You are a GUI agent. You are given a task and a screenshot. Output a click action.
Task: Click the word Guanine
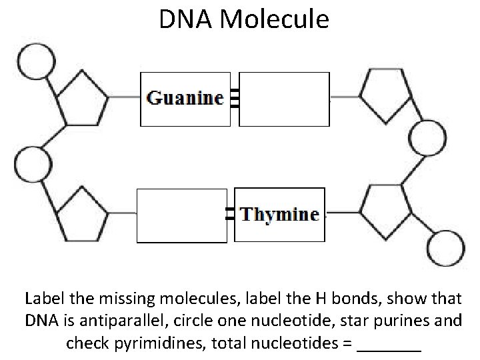(185, 99)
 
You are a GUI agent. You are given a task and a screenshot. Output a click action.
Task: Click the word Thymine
(279, 215)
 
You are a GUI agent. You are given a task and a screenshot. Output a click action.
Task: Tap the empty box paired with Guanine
(284, 99)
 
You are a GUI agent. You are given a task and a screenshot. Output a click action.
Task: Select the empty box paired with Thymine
(181, 215)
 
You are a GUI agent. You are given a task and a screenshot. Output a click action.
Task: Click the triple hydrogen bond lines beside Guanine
(233, 99)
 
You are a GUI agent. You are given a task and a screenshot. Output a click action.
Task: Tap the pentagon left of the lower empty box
(80, 215)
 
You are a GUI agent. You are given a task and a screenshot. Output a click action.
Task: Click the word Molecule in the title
(273, 19)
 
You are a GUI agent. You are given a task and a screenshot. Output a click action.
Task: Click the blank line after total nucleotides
(389, 347)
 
